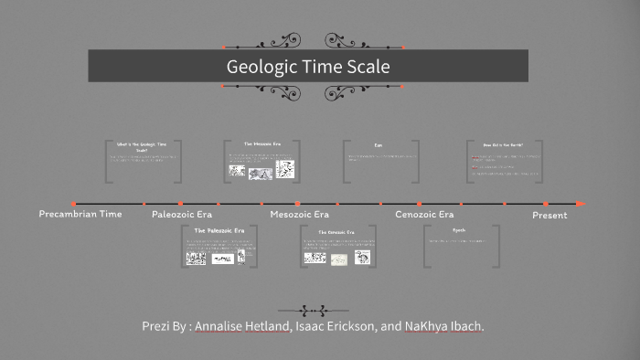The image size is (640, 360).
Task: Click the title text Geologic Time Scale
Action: [x=308, y=67]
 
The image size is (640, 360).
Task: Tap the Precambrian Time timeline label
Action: [x=80, y=213]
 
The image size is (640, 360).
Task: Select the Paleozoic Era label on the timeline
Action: [x=182, y=214]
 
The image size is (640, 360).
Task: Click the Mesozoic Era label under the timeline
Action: [x=299, y=214]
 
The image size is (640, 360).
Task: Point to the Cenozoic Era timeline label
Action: [x=424, y=214]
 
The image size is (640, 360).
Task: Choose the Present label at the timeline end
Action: [x=549, y=215]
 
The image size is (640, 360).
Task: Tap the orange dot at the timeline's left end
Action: [x=73, y=203]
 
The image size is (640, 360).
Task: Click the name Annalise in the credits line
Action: [x=227, y=326]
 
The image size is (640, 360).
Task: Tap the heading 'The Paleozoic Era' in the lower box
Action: [x=219, y=230]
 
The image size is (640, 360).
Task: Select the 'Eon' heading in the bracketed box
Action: [x=379, y=145]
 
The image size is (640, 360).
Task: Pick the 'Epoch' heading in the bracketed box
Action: [x=459, y=230]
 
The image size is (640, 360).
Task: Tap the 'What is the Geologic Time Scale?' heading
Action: [x=142, y=146]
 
